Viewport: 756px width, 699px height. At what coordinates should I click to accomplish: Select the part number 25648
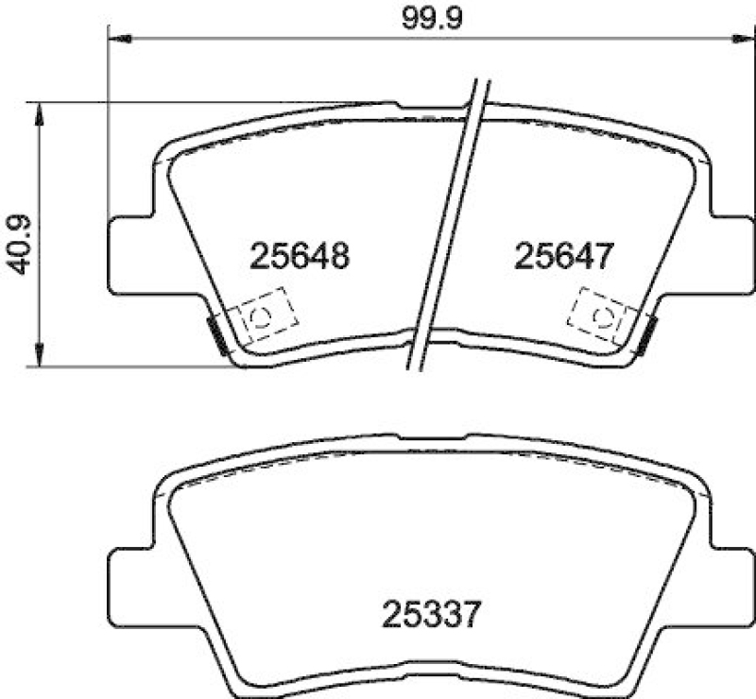301,255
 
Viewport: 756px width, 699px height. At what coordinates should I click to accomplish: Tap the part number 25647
565,255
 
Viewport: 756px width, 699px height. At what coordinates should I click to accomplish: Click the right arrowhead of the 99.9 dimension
735,39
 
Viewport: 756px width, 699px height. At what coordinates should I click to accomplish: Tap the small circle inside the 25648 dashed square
264,316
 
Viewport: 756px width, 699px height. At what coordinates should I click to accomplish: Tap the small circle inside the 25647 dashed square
602,316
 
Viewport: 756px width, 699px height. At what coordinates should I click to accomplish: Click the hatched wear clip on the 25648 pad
216,334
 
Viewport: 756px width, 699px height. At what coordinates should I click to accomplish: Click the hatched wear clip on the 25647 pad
647,334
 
